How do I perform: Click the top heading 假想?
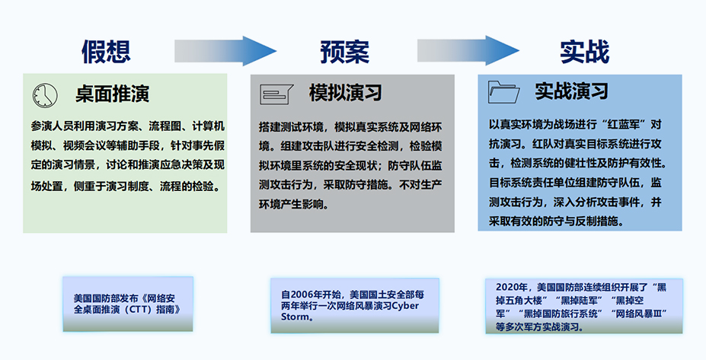pos(107,51)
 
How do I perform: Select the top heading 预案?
pos(345,52)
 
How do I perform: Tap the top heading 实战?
pos(584,52)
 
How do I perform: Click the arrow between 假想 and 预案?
pos(225,51)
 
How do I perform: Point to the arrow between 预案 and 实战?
pos(468,51)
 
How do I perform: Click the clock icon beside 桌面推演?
pos(45,95)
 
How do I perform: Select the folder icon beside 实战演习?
pos(504,92)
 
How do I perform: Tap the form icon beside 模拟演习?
pos(276,94)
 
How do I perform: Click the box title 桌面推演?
pos(112,94)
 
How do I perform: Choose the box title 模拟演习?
pos(345,93)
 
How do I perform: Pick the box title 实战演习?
pos(571,91)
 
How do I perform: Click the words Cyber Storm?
pos(350,311)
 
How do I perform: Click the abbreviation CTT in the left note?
pos(139,310)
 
